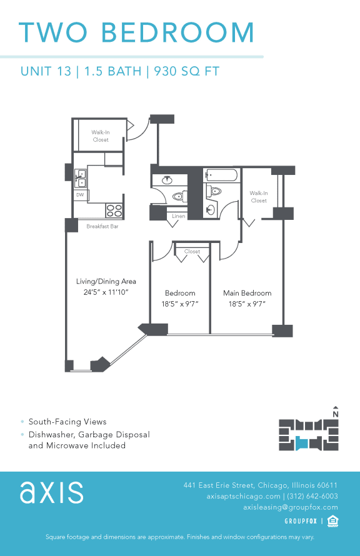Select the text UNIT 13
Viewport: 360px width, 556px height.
point(45,71)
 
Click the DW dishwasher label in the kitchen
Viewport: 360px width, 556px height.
point(79,195)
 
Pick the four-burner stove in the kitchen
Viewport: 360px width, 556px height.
point(114,211)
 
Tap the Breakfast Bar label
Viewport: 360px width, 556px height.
point(102,227)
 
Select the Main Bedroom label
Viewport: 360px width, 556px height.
point(247,293)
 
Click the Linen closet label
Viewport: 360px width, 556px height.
point(177,216)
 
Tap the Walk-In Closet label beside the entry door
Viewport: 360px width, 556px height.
point(100,136)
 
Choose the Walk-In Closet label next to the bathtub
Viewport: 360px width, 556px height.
point(258,197)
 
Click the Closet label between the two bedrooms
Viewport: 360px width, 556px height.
point(192,252)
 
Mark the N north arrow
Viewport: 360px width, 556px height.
point(336,411)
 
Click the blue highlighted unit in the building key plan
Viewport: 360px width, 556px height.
point(302,443)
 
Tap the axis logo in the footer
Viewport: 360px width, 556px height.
point(51,492)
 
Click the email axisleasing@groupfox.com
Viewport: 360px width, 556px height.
point(290,507)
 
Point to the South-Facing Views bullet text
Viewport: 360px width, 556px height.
point(67,422)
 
